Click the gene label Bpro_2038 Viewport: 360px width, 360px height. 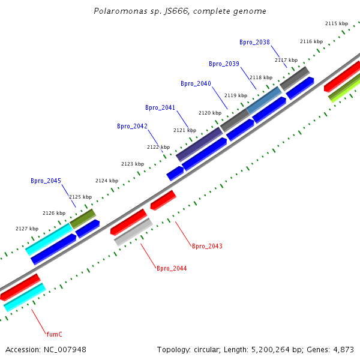pyautogui.click(x=254, y=42)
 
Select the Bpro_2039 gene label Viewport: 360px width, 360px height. pyautogui.click(x=224, y=64)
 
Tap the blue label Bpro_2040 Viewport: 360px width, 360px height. pyautogui.click(x=196, y=83)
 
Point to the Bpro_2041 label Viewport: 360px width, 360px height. pyautogui.click(x=160, y=107)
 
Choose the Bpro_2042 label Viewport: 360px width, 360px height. pyautogui.click(x=132, y=126)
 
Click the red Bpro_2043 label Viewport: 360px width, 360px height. pyautogui.click(x=208, y=246)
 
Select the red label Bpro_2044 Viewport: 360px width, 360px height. pyautogui.click(x=172, y=268)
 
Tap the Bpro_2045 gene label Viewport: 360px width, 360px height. pyautogui.click(x=46, y=181)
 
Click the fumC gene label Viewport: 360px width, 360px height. pyautogui.click(x=55, y=334)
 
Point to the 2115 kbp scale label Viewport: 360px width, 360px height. pyautogui.click(x=337, y=23)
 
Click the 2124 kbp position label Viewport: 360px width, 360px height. pyautogui.click(x=107, y=181)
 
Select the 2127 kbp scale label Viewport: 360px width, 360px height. pyautogui.click(x=27, y=229)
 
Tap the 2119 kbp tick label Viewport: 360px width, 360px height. pyautogui.click(x=236, y=95)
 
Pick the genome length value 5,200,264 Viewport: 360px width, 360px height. pyautogui.click(x=271, y=350)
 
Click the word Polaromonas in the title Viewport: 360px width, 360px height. pyautogui.click(x=121, y=11)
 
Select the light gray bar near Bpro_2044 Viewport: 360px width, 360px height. pyautogui.click(x=133, y=232)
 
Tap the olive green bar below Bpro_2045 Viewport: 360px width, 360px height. pyautogui.click(x=83, y=219)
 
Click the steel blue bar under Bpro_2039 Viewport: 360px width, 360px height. pyautogui.click(x=264, y=100)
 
